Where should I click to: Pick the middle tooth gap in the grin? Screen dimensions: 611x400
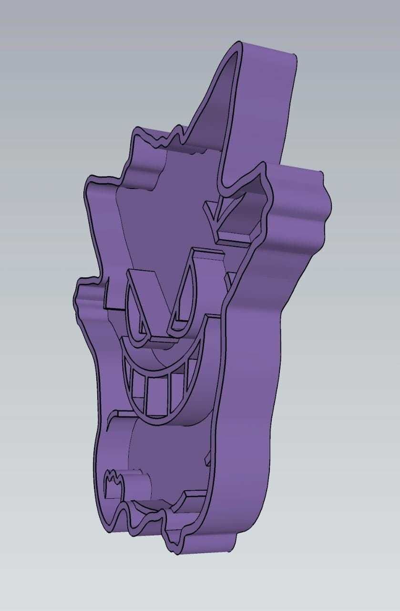158,394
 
